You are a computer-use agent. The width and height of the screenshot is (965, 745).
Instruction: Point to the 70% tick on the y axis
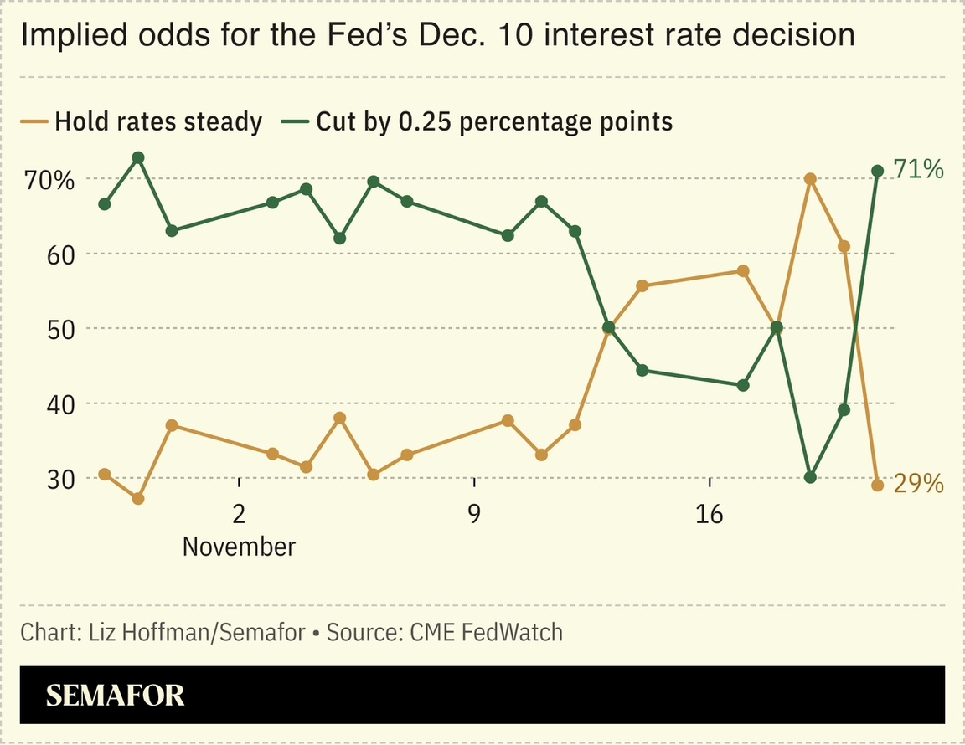(x=48, y=180)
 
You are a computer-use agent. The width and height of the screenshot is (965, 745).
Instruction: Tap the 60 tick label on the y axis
(x=60, y=254)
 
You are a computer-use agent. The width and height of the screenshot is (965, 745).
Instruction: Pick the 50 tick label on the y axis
(x=60, y=329)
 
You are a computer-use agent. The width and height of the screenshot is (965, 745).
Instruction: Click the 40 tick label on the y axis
(x=60, y=403)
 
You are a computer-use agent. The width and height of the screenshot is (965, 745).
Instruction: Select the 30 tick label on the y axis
(x=60, y=479)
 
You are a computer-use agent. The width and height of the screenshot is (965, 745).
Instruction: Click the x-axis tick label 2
(x=239, y=512)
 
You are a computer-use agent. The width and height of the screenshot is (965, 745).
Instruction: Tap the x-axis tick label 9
(x=474, y=512)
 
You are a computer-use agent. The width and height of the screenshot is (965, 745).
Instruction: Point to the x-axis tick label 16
(x=710, y=512)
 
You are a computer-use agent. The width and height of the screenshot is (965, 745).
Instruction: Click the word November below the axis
(x=239, y=547)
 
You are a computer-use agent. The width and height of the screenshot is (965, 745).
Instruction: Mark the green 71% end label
(x=919, y=170)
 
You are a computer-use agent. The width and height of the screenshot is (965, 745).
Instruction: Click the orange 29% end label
(x=919, y=484)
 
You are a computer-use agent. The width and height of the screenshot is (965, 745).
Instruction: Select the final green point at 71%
(x=878, y=171)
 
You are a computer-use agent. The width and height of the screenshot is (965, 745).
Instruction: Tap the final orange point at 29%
(x=878, y=485)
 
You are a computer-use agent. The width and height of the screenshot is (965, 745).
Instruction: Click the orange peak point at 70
(x=810, y=179)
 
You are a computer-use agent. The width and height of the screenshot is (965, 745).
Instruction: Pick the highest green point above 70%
(x=138, y=157)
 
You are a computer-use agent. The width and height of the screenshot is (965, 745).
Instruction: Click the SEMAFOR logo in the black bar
(x=115, y=696)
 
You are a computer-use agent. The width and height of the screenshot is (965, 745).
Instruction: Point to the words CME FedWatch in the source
(x=486, y=632)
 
